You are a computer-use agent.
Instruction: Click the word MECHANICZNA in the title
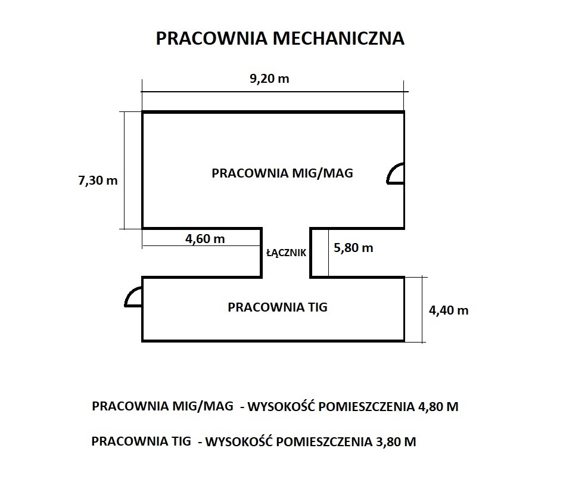[x=338, y=38]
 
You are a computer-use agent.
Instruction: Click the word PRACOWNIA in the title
[x=212, y=38]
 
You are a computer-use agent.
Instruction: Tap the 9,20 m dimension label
[x=269, y=78]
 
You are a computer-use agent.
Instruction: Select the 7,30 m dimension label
[x=98, y=180]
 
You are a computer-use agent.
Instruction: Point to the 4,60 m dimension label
[x=205, y=238]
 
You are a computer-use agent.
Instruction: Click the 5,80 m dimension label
[x=353, y=247]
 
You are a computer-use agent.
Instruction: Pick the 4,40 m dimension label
[x=449, y=310]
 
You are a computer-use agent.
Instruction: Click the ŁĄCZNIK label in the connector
[x=286, y=253]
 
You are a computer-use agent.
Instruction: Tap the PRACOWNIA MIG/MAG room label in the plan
[x=282, y=173]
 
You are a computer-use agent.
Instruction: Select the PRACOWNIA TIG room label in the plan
[x=278, y=307]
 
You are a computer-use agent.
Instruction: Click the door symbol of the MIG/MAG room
[x=396, y=173]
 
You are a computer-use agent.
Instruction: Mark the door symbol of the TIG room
[x=133, y=297]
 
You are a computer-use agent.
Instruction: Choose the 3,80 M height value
[x=396, y=441]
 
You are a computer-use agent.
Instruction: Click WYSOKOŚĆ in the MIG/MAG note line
[x=281, y=406]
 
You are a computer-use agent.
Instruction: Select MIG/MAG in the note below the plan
[x=203, y=406]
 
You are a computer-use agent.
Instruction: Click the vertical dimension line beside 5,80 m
[x=328, y=253]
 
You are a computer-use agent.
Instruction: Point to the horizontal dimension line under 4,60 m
[x=202, y=246]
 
